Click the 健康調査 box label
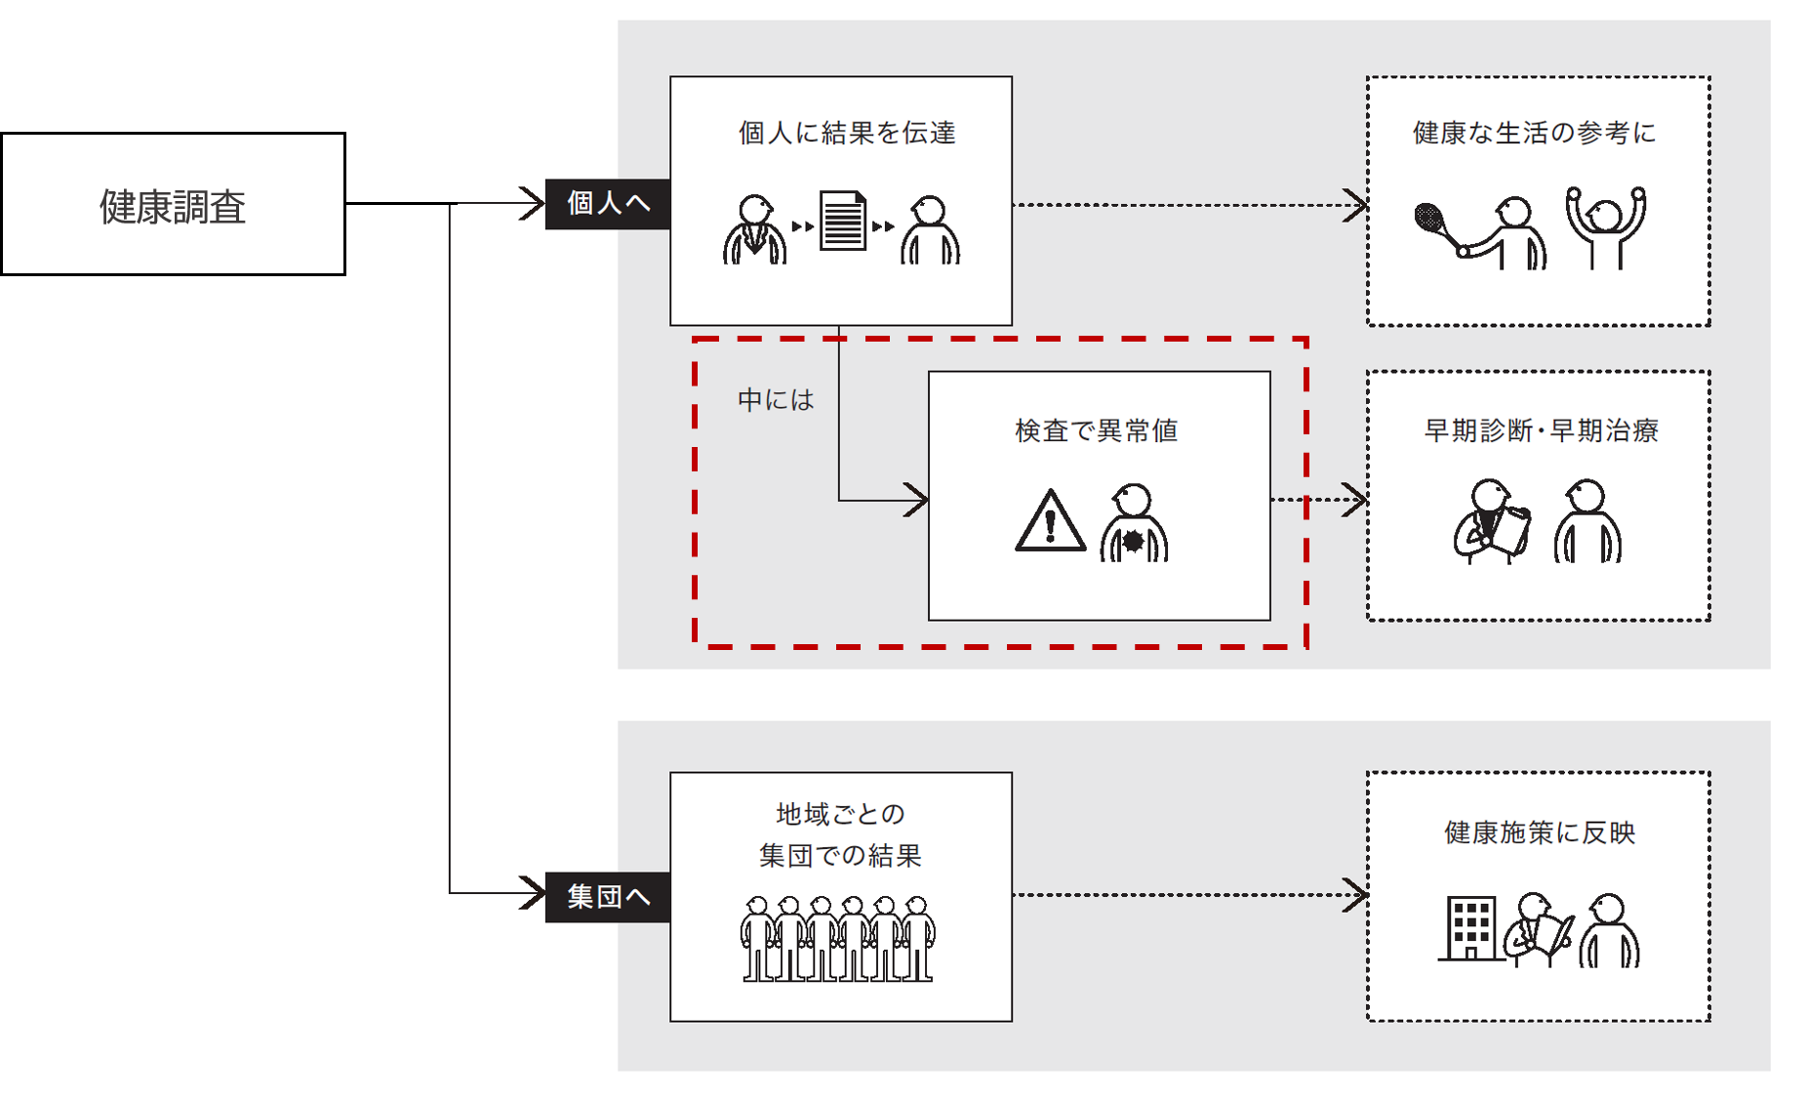(173, 206)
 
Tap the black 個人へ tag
(607, 204)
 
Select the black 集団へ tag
(607, 897)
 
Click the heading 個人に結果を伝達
(847, 133)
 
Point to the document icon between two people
(842, 222)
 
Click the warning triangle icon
(1050, 521)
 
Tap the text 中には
(776, 400)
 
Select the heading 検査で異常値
(1097, 430)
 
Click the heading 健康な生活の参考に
(1535, 133)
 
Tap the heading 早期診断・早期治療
(1542, 430)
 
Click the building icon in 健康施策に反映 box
(1468, 929)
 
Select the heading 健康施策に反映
(1540, 833)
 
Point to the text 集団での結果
(840, 856)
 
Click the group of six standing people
(837, 939)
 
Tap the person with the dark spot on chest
(1134, 523)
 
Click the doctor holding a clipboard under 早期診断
(1491, 521)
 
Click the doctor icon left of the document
(754, 230)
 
